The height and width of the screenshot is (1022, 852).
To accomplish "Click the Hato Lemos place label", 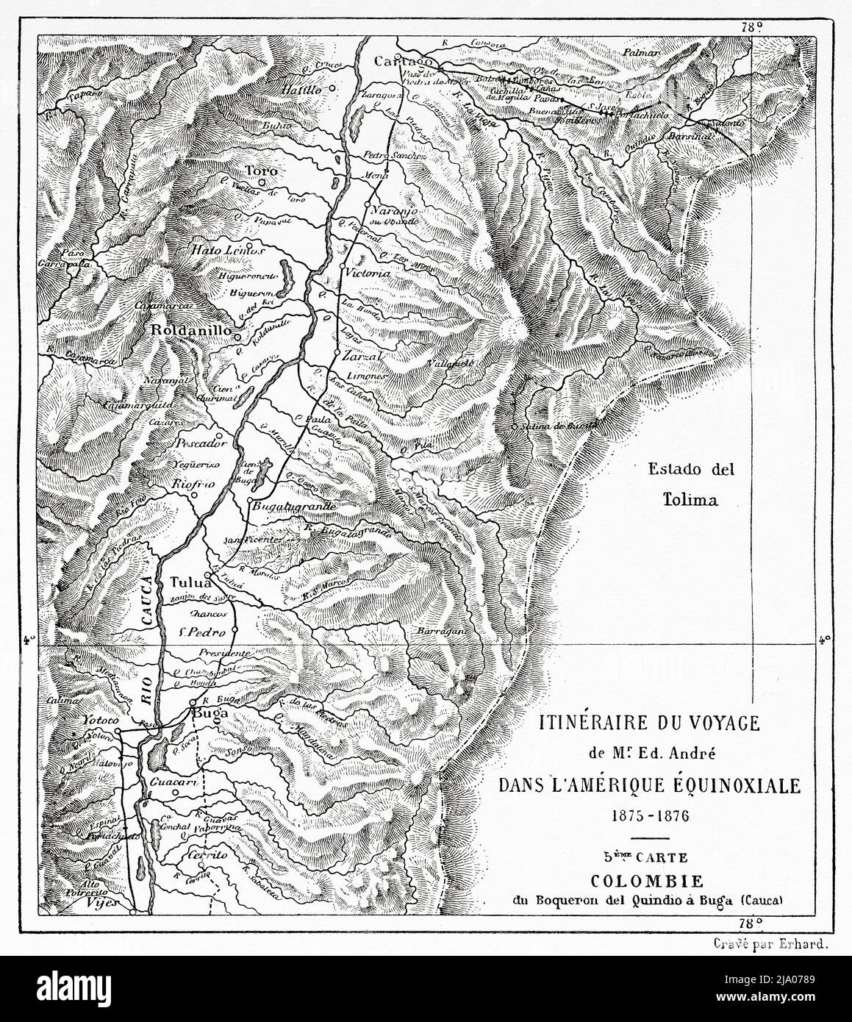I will tap(218, 249).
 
